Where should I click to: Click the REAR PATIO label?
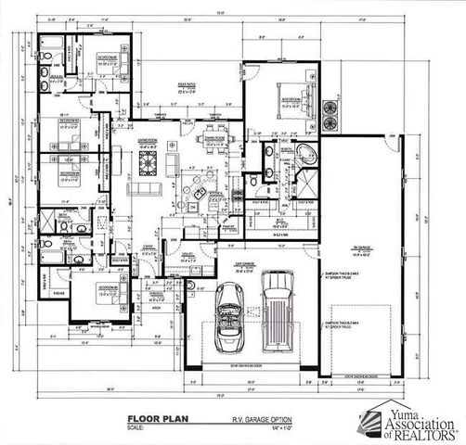(x=191, y=84)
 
